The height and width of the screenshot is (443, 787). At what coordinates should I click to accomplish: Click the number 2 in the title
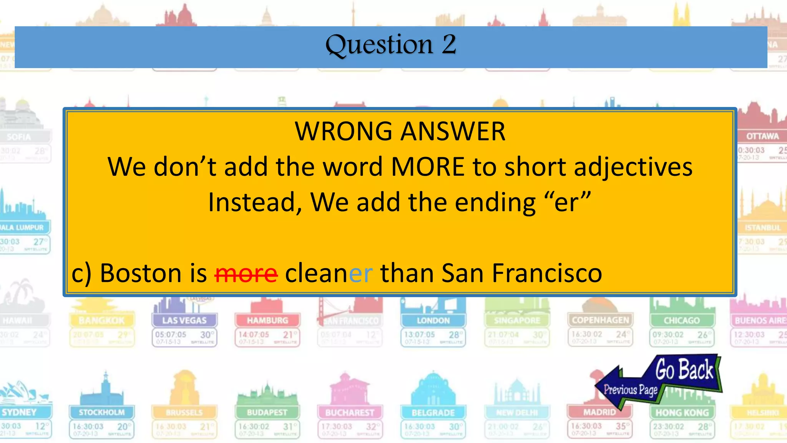pyautogui.click(x=448, y=44)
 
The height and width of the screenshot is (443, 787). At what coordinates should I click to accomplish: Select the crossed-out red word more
pyautogui.click(x=246, y=273)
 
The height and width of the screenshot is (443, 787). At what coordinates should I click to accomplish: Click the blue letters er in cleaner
pyautogui.click(x=360, y=273)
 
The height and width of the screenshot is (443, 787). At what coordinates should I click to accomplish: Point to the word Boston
pyautogui.click(x=141, y=273)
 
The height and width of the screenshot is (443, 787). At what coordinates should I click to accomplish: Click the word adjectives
pyautogui.click(x=633, y=167)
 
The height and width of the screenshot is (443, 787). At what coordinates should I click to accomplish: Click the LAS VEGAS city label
pyautogui.click(x=184, y=320)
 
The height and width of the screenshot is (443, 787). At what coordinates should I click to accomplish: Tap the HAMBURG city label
pyautogui.click(x=267, y=320)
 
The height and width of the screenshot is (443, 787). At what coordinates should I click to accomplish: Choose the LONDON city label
pyautogui.click(x=433, y=320)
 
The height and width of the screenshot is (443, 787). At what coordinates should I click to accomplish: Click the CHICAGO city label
pyautogui.click(x=682, y=320)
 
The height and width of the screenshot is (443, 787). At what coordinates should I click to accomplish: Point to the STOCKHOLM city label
pyautogui.click(x=102, y=413)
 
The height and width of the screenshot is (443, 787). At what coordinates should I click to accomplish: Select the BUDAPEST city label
pyautogui.click(x=267, y=413)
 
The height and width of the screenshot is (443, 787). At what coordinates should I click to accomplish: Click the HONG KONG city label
pyautogui.click(x=682, y=413)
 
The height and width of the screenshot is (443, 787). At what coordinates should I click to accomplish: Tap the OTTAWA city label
pyautogui.click(x=762, y=136)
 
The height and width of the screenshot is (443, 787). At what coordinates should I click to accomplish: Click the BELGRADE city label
pyautogui.click(x=433, y=413)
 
